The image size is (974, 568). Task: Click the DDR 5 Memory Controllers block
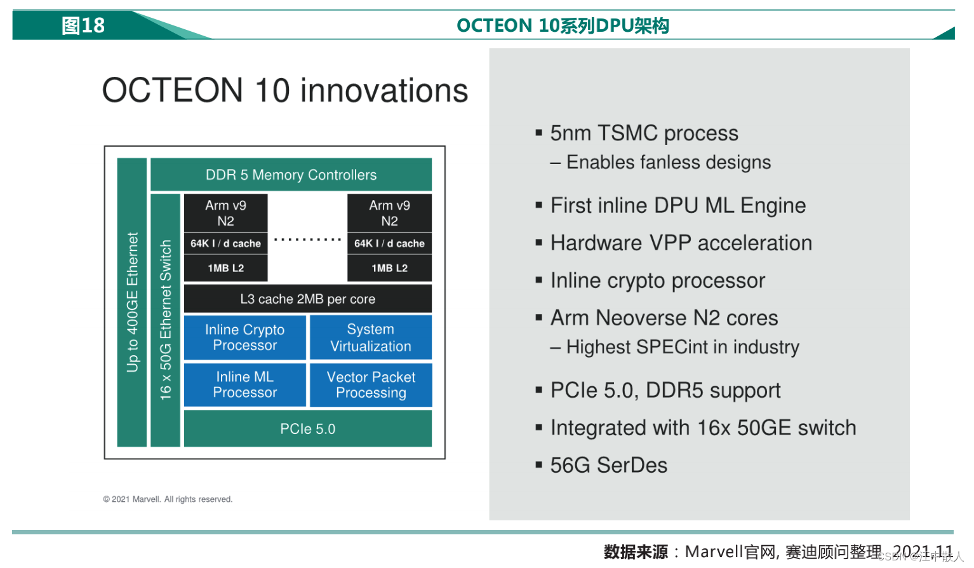[x=291, y=175]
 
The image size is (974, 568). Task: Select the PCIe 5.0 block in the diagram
[x=308, y=429]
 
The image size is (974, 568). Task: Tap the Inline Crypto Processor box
[x=245, y=337]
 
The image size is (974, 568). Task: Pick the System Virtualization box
[x=371, y=337]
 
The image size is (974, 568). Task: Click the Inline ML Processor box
[x=245, y=385]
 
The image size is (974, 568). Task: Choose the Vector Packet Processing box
[x=371, y=385]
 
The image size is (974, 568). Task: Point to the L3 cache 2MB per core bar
[x=308, y=299]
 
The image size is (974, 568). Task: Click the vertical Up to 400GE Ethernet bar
[x=132, y=302]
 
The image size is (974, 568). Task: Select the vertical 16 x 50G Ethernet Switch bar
[x=165, y=320]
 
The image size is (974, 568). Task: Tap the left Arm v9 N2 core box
[x=225, y=213]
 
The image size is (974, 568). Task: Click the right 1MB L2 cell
[x=390, y=268]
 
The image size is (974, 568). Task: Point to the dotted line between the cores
[x=308, y=240]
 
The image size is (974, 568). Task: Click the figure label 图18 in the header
[x=83, y=25]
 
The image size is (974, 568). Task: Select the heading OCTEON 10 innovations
[x=285, y=90]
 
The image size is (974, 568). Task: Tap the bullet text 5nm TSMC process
[x=644, y=133]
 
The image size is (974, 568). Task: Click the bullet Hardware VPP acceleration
[x=681, y=243]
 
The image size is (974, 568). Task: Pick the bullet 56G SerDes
[x=608, y=465]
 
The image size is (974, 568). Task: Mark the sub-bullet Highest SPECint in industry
[x=674, y=347]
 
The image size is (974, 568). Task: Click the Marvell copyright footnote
[x=168, y=499]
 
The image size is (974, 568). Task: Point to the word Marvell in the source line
[x=714, y=552]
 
